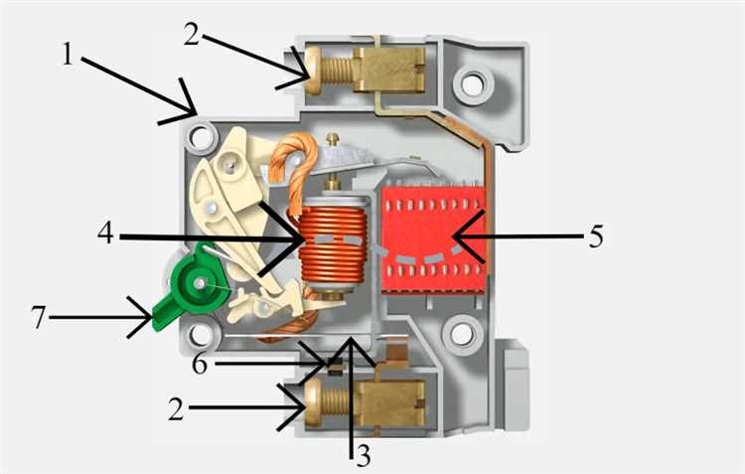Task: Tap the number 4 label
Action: pyautogui.click(x=108, y=236)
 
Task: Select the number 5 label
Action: pyautogui.click(x=594, y=237)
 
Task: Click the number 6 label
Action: pyautogui.click(x=199, y=364)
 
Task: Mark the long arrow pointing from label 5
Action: pyautogui.click(x=517, y=237)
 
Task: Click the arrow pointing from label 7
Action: pyautogui.click(x=99, y=318)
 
